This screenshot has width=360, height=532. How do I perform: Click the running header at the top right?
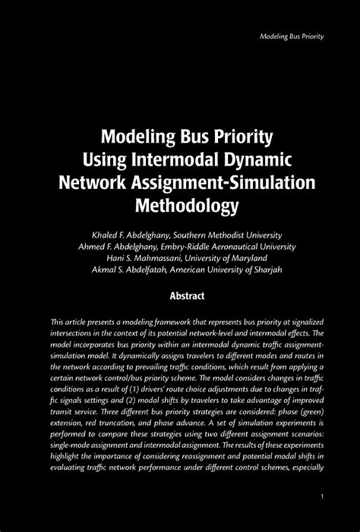click(292, 36)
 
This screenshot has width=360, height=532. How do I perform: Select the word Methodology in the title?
click(179, 204)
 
